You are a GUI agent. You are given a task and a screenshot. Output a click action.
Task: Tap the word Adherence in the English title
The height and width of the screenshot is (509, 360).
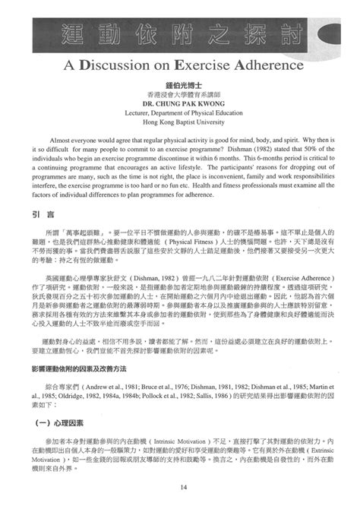[258, 65]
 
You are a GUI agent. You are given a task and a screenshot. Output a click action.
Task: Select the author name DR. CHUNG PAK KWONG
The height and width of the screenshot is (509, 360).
[181, 103]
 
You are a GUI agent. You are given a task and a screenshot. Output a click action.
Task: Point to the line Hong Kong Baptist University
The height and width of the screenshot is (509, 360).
[181, 122]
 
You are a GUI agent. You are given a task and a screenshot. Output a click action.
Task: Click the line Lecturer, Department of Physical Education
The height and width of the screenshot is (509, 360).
[181, 112]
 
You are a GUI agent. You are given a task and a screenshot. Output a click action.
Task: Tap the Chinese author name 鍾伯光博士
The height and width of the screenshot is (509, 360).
[181, 84]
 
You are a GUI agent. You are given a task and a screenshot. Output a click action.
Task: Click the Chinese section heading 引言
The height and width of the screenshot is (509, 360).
[43, 215]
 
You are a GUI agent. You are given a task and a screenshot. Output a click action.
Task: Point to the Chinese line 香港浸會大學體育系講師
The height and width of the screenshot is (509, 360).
[181, 93]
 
